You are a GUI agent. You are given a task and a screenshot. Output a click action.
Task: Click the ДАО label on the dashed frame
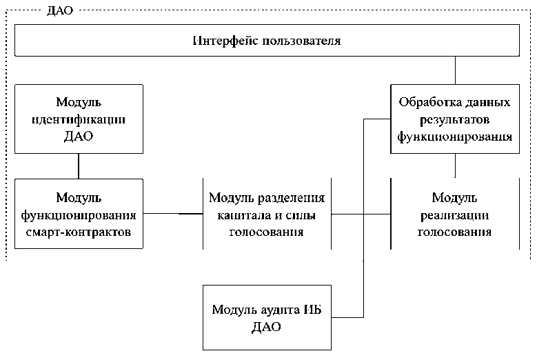click(x=60, y=10)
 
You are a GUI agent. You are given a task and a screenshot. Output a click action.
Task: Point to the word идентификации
click(x=79, y=119)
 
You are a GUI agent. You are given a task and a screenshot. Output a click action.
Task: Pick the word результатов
click(x=455, y=119)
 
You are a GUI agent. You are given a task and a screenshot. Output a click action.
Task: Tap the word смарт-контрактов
click(x=79, y=232)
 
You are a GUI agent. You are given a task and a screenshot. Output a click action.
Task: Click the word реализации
click(x=455, y=215)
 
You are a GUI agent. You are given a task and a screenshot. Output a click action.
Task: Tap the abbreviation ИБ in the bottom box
click(x=312, y=309)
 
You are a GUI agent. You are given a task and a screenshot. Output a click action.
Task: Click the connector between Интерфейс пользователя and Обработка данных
click(x=455, y=70)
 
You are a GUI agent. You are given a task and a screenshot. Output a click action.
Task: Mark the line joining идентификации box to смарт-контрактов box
click(x=79, y=166)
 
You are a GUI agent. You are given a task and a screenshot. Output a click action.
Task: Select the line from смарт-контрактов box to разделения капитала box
click(x=173, y=214)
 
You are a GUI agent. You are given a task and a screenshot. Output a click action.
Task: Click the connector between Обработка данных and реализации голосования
click(x=455, y=166)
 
